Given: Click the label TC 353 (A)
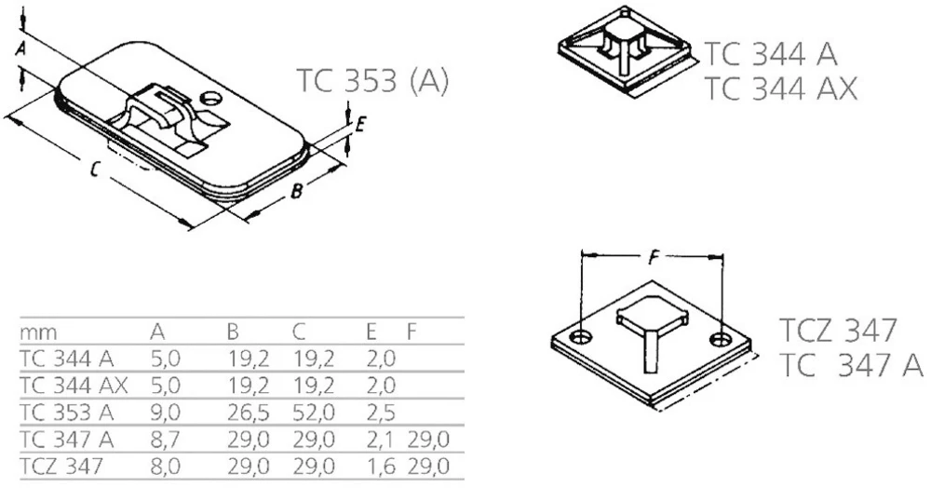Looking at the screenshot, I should click(x=372, y=81).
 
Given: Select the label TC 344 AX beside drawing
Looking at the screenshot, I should click(x=779, y=88).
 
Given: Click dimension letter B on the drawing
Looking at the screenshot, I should click(x=295, y=192).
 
